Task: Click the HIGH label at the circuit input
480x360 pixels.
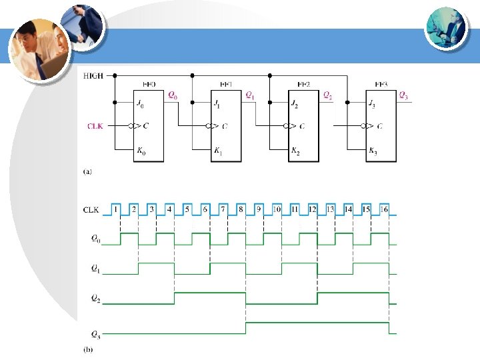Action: click(x=93, y=76)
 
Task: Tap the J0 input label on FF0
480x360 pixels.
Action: click(x=140, y=103)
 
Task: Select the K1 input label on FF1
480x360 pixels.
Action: click(x=218, y=151)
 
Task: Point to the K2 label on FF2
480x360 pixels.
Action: click(x=295, y=151)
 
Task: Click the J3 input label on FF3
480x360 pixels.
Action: click(x=372, y=103)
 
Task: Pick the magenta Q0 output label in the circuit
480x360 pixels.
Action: click(x=172, y=95)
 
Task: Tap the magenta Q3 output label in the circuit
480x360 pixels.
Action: click(x=403, y=95)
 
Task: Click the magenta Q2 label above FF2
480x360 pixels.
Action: click(x=327, y=95)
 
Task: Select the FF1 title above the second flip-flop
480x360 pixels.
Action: click(x=225, y=85)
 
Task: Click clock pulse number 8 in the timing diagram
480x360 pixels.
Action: click(x=241, y=209)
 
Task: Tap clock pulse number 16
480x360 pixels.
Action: click(x=384, y=209)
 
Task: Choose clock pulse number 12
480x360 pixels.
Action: click(x=312, y=209)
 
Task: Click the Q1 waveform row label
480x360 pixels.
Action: click(x=97, y=269)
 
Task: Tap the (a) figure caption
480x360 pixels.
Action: click(x=87, y=171)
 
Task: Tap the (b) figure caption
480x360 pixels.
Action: click(x=87, y=349)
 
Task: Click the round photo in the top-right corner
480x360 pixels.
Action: click(x=446, y=27)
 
